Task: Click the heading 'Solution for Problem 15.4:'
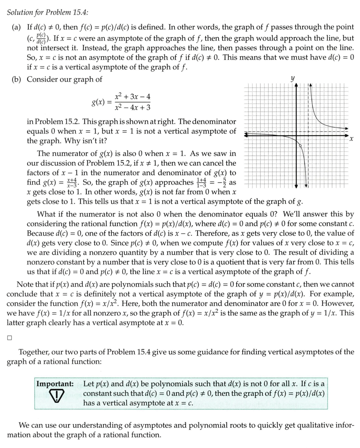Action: (48, 12)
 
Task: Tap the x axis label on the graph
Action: (351, 139)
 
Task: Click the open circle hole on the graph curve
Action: (300, 145)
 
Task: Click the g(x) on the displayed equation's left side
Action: (99, 102)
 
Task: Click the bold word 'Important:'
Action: (55, 384)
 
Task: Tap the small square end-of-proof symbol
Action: (9, 338)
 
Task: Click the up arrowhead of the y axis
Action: (296, 85)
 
